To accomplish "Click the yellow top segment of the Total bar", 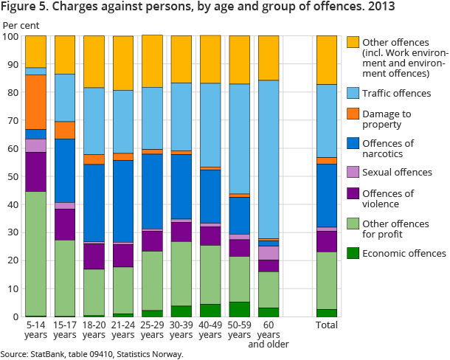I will point(326,60).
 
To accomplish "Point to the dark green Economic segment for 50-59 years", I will point(239,309).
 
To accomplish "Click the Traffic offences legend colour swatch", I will point(353,94).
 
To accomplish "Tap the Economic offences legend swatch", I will point(353,253).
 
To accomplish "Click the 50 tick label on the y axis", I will point(14,176).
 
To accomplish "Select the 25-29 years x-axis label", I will point(152,330).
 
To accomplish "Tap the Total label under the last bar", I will point(326,325).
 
